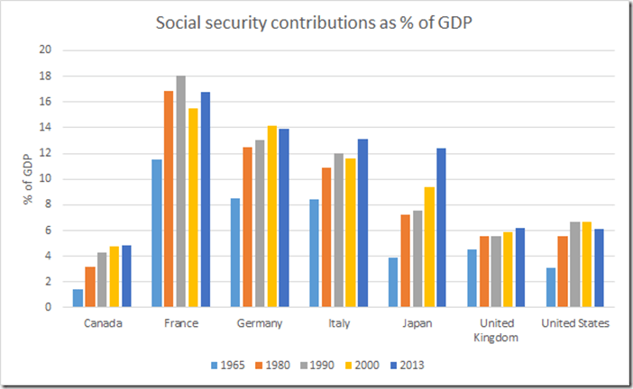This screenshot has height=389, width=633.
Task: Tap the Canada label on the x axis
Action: [x=103, y=323]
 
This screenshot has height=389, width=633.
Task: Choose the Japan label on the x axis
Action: [x=416, y=323]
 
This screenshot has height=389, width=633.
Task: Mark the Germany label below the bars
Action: [x=260, y=323]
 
